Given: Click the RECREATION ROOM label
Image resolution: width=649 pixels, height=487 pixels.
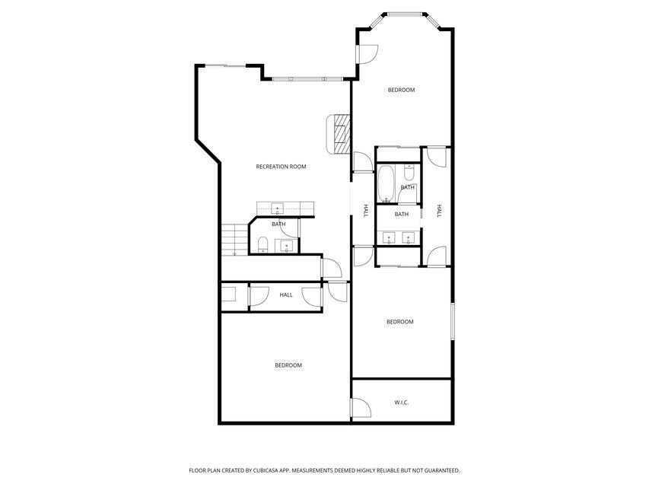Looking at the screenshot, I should (x=281, y=167).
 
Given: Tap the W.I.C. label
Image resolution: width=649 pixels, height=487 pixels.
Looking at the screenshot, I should (x=402, y=402).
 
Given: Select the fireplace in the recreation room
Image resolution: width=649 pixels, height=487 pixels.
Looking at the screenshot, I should (x=339, y=131).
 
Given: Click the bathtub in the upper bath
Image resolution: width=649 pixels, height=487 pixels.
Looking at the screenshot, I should (x=386, y=184).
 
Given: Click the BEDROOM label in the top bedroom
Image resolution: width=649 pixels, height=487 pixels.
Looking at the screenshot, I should (x=401, y=90).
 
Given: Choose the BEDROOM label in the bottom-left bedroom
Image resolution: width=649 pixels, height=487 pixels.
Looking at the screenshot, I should (x=288, y=365).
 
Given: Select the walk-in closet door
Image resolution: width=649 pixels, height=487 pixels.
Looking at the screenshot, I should (x=361, y=409).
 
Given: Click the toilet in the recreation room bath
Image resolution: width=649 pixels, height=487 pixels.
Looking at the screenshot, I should (x=262, y=243).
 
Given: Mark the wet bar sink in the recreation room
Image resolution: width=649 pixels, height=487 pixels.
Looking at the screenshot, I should (x=278, y=207).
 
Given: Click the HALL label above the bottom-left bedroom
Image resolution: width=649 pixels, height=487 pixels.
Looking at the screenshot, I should (x=286, y=295).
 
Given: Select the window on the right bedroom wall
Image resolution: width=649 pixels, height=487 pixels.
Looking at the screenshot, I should (x=453, y=321).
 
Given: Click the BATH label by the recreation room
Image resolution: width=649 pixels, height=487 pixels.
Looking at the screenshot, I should (x=278, y=224).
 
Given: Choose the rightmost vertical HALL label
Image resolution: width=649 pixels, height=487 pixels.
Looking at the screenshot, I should (x=439, y=212).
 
